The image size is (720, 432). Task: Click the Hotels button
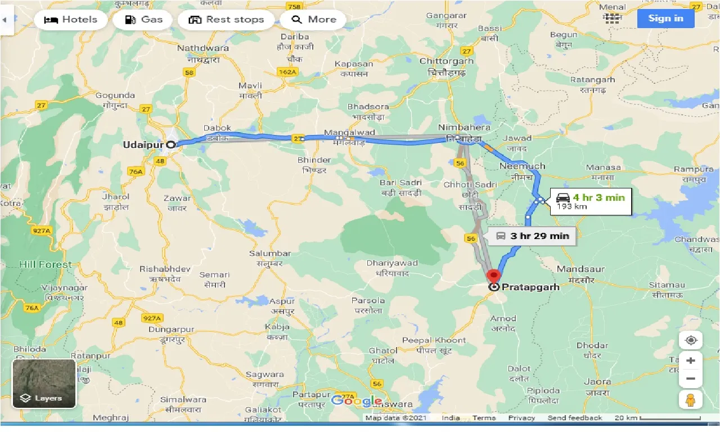pos(71,20)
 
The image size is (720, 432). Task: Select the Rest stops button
pos(226,20)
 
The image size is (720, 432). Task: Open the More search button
pos(314,20)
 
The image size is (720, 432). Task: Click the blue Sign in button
pos(665,19)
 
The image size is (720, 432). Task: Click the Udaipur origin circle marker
pos(170,145)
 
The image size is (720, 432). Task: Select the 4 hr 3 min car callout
pos(590,201)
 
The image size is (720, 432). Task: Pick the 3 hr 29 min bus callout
pos(532,236)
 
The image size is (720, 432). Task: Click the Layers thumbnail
pos(44,384)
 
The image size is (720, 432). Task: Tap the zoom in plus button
pos(691,361)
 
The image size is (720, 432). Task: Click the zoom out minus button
pos(691,379)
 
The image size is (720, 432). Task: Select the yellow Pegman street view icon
pos(691,400)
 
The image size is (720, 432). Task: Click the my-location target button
pos(691,340)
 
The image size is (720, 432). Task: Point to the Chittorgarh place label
pos(447,61)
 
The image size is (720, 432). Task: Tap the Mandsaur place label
pos(580,269)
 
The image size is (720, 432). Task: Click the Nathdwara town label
pos(203,48)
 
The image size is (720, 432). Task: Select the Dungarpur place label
pos(167,330)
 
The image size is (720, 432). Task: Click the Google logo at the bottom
pos(357,400)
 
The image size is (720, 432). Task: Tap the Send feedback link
pos(574,418)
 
